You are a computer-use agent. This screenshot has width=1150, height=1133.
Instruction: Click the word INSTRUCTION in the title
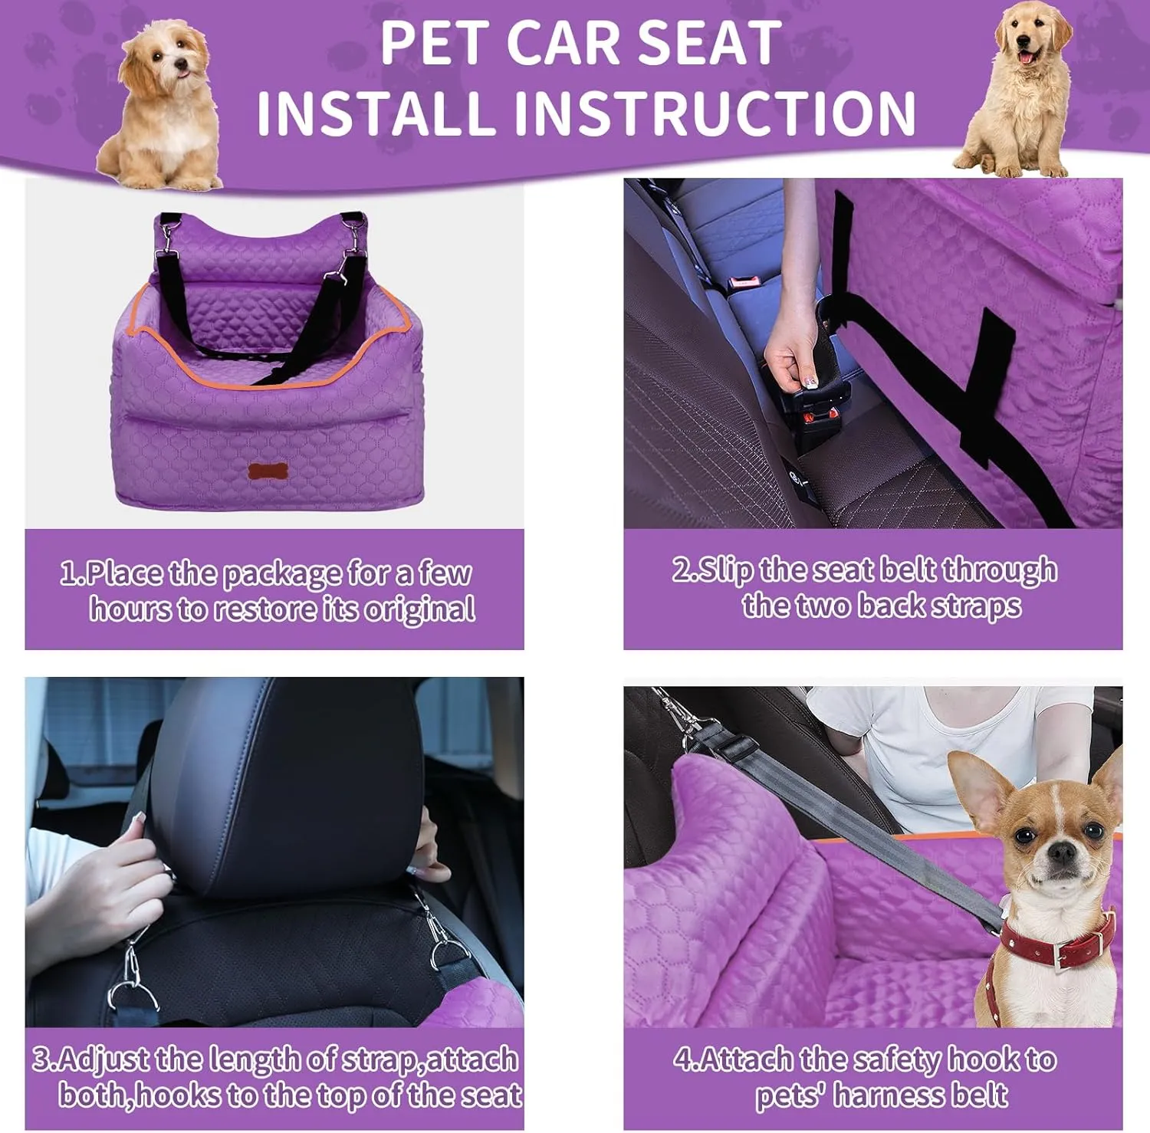coord(715,112)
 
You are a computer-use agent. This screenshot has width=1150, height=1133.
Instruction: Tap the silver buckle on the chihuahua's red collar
coord(1060,953)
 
